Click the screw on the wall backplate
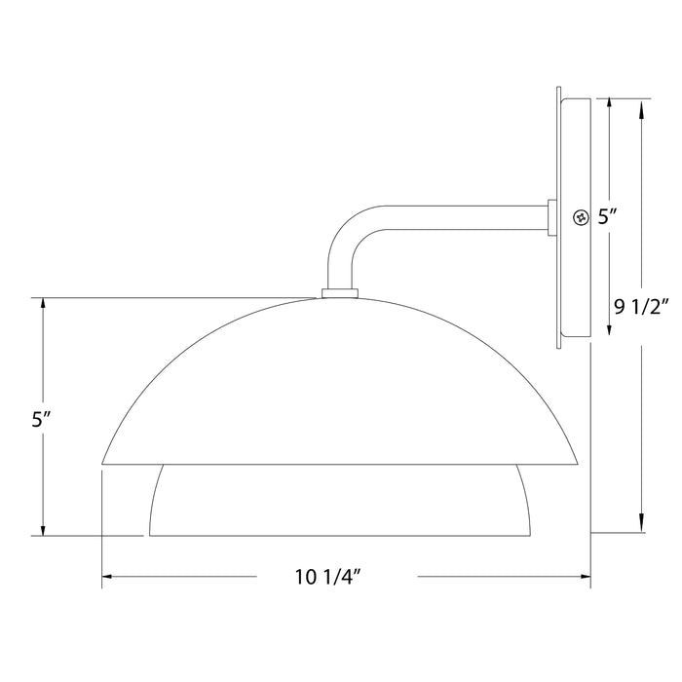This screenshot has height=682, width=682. coord(582,217)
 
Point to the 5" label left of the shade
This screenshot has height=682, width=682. coord(41,420)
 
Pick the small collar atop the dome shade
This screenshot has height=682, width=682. coord(338,291)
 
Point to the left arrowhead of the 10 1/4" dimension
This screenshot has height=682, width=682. coord(108,578)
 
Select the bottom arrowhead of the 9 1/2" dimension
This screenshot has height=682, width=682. coord(641,526)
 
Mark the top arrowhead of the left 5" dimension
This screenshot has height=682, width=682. coord(43,304)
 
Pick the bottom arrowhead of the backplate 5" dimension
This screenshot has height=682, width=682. coord(610,330)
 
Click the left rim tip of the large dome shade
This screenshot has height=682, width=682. coord(104,463)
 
